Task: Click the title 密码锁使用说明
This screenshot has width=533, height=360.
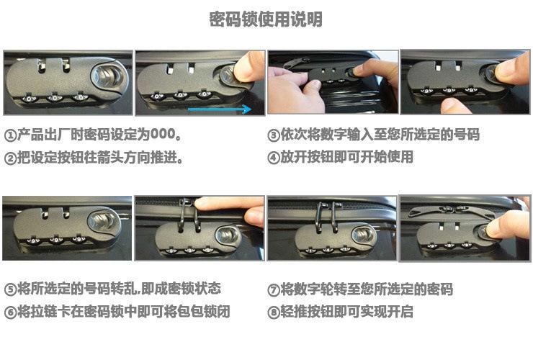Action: click(x=266, y=19)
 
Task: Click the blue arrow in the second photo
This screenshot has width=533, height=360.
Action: click(x=220, y=109)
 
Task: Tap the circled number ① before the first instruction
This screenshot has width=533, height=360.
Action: click(x=10, y=135)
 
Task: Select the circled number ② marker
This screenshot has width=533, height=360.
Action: click(x=10, y=158)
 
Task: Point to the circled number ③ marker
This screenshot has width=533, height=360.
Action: click(x=274, y=135)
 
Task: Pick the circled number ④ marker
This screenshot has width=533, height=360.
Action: click(x=274, y=158)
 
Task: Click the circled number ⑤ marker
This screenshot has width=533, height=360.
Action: click(x=10, y=289)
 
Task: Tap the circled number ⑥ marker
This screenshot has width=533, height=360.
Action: click(x=10, y=312)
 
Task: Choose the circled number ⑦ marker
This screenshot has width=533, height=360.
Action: click(x=274, y=290)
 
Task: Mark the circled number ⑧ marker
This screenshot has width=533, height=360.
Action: click(x=274, y=312)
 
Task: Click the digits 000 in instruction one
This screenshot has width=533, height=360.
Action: click(x=163, y=134)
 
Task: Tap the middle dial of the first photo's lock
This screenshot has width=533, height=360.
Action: click(x=55, y=98)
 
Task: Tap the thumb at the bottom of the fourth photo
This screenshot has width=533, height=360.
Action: click(x=456, y=106)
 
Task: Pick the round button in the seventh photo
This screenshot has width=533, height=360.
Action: click(x=363, y=235)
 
